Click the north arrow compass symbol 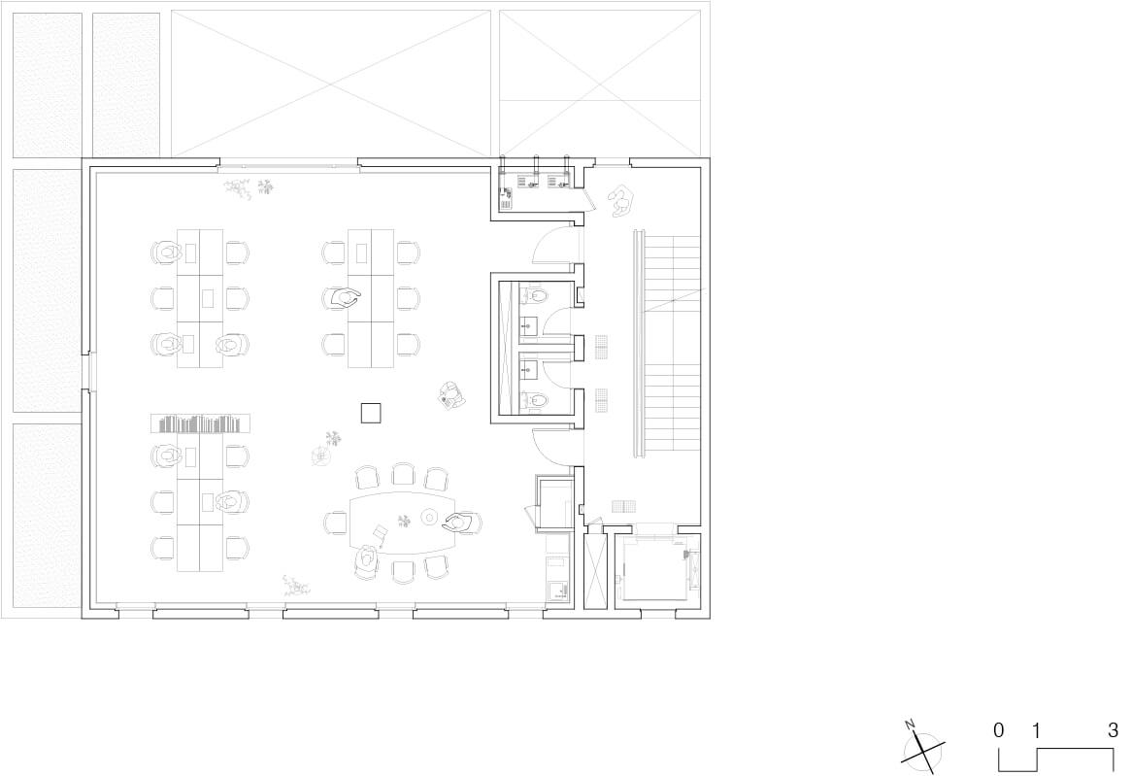(x=922, y=752)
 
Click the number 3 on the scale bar (x=1113, y=729)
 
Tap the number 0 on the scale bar (x=998, y=729)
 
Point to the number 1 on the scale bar (x=1037, y=731)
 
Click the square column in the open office (x=371, y=413)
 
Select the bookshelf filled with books (x=200, y=423)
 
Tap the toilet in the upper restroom (x=535, y=295)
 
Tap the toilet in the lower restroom (x=535, y=399)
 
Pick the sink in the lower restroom (x=529, y=368)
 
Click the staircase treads (x=672, y=342)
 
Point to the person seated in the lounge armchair (x=451, y=395)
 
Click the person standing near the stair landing (x=619, y=201)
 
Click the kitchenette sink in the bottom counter (x=557, y=591)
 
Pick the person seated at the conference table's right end (x=462, y=523)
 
